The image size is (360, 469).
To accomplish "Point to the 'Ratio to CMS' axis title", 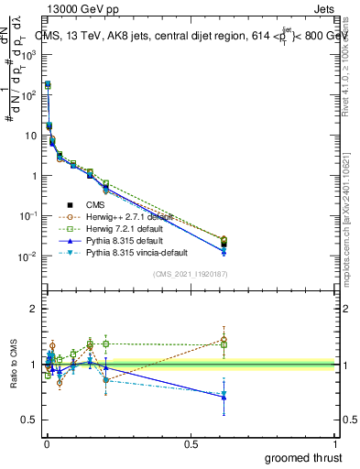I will (14, 365).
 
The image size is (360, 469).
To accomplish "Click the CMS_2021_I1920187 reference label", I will (191, 274).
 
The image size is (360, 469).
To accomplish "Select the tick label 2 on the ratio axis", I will (33, 310).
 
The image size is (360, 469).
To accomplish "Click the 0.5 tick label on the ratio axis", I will (30, 420).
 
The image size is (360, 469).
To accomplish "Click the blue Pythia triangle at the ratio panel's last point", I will (224, 398).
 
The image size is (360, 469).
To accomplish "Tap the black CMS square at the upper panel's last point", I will (224, 244).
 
